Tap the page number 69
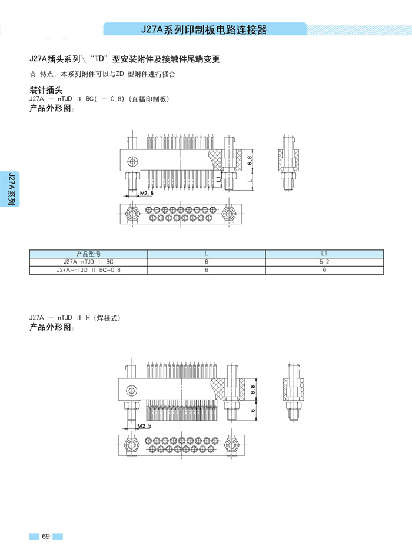(x=45, y=536)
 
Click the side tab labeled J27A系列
(x=10, y=189)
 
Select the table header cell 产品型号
(x=89, y=254)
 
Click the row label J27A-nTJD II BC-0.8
(x=89, y=270)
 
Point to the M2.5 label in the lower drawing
(x=144, y=425)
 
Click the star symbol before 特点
(x=32, y=75)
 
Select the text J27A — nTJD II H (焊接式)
(x=75, y=318)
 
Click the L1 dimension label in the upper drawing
(x=218, y=177)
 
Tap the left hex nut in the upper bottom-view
(x=132, y=214)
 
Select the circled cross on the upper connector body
(x=134, y=161)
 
